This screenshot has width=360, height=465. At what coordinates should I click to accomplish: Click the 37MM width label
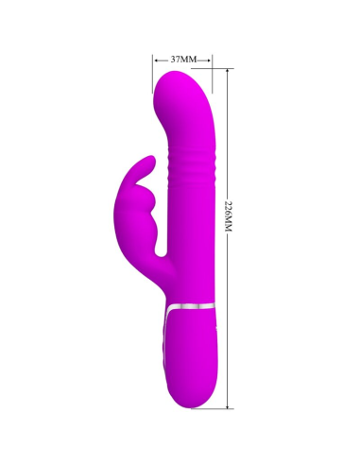pos(182,59)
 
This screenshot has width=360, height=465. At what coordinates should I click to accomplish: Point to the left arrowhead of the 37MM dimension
pos(155,59)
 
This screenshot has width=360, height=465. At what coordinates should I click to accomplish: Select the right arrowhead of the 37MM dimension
pos(211,59)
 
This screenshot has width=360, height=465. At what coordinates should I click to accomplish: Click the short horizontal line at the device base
pos(224,407)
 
